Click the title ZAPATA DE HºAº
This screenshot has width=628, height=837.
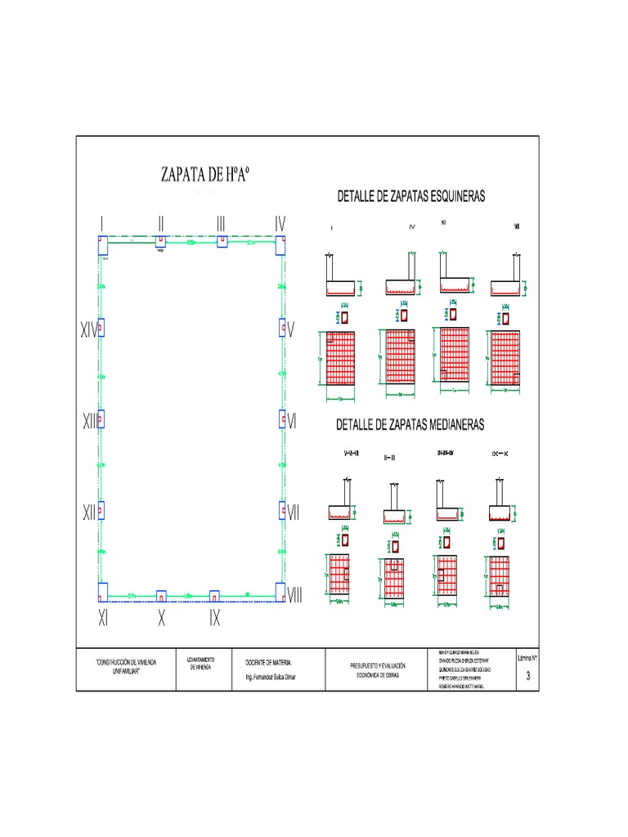click(204, 175)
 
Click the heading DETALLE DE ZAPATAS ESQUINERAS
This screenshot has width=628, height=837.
click(411, 196)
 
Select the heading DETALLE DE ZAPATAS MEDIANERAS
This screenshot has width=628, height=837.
click(411, 424)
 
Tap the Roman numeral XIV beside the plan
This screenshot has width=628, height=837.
click(87, 330)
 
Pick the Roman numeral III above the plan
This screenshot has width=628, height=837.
click(222, 223)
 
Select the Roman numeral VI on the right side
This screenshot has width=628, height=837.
click(293, 421)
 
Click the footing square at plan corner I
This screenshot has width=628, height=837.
click(103, 244)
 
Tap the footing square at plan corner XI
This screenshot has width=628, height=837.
click(103, 592)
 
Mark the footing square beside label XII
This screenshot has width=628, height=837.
click(101, 511)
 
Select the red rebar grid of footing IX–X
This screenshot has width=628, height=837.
click(499, 577)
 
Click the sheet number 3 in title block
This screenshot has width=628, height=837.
click(528, 676)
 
